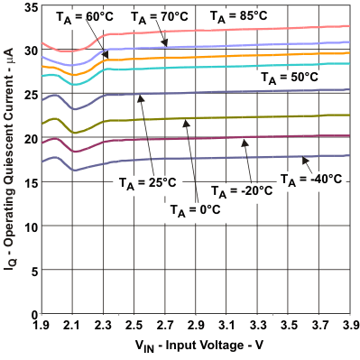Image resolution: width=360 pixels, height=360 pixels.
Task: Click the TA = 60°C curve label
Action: coord(75,17)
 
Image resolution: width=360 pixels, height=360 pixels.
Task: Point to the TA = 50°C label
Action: coord(290,78)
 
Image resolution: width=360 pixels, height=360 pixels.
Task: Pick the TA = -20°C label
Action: coord(242,191)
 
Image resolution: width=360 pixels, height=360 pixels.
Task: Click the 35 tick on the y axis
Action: coord(26,7)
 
